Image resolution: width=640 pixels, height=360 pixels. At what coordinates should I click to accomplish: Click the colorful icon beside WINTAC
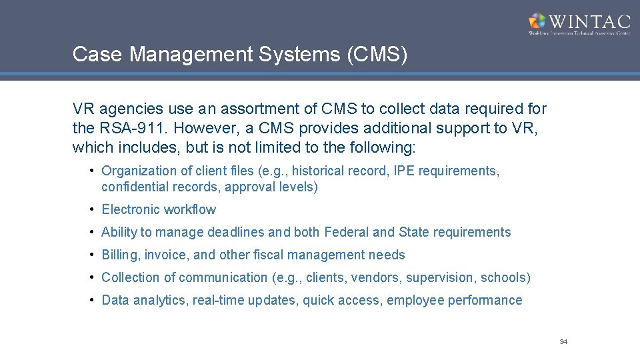(x=537, y=21)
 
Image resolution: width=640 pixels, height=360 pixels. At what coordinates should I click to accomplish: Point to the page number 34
(x=563, y=342)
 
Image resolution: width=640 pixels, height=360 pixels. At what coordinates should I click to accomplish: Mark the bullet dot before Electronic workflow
(x=92, y=210)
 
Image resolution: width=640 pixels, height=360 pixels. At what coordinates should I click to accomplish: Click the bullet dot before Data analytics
(x=92, y=300)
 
